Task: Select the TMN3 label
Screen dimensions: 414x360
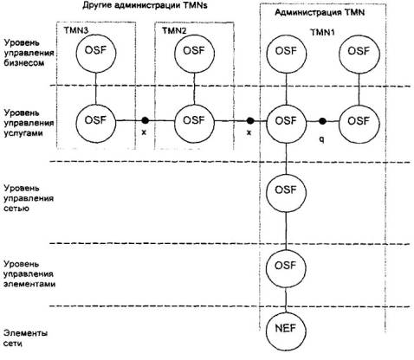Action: pyautogui.click(x=76, y=30)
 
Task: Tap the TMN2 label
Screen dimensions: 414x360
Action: pyautogui.click(x=174, y=30)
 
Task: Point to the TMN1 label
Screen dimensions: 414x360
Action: pyautogui.click(x=322, y=32)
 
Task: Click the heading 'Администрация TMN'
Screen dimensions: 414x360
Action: pyautogui.click(x=320, y=13)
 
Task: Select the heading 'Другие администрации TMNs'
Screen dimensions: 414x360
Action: pyautogui.click(x=146, y=5)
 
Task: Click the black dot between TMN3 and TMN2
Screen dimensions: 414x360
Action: pyautogui.click(x=145, y=120)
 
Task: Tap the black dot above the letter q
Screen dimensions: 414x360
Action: pyautogui.click(x=322, y=121)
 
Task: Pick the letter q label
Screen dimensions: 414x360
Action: pyautogui.click(x=322, y=139)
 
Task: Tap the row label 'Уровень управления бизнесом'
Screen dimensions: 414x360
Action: pyautogui.click(x=29, y=53)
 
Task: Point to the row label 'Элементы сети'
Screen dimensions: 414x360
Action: pyautogui.click(x=25, y=338)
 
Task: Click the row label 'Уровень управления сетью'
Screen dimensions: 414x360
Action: pyautogui.click(x=29, y=198)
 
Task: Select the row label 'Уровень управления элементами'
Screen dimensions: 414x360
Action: pyautogui.click(x=29, y=273)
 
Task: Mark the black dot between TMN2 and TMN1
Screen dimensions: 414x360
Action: pyautogui.click(x=250, y=120)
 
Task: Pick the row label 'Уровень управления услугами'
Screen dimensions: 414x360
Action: pyautogui.click(x=29, y=123)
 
